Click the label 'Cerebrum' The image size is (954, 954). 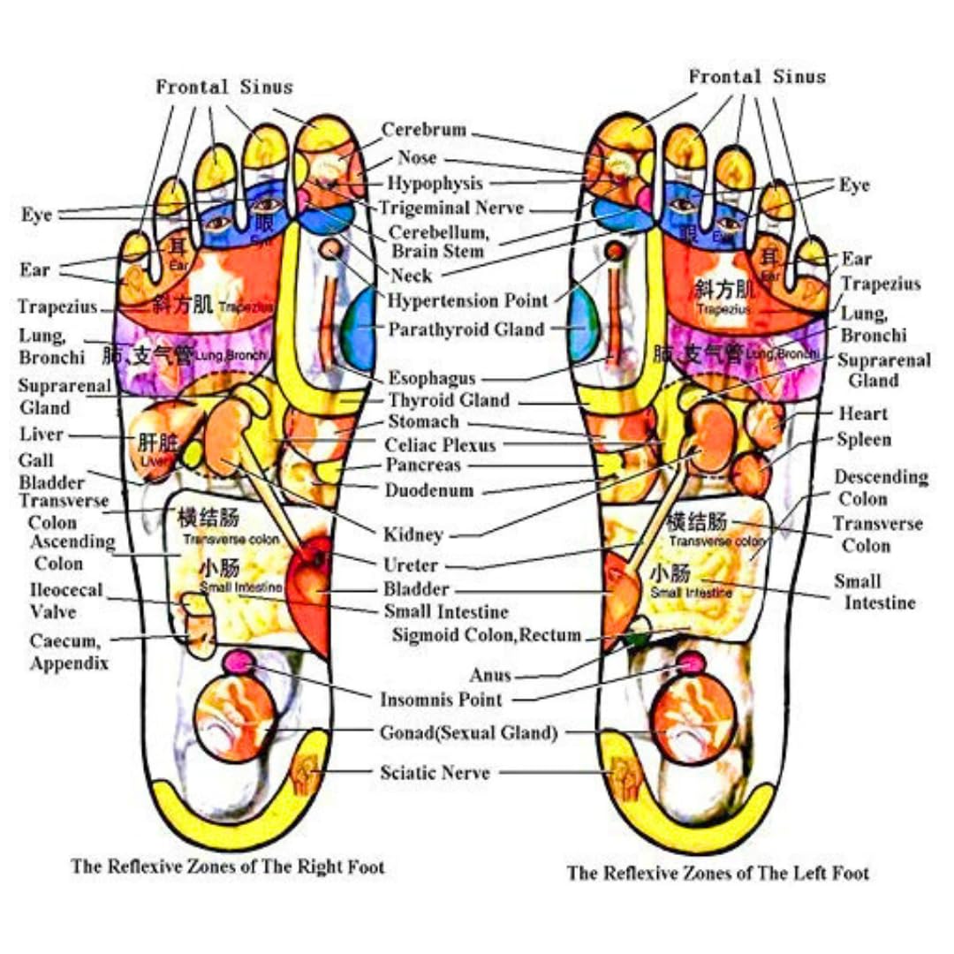[x=423, y=130]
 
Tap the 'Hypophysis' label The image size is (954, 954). [x=435, y=184]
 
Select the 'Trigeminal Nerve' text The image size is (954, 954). [x=451, y=208]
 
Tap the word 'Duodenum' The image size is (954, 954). [x=429, y=489]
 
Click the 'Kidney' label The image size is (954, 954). [x=413, y=534]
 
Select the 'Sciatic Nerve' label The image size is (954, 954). [x=435, y=772]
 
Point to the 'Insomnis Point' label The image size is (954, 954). [x=441, y=700]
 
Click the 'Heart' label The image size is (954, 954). [x=863, y=413]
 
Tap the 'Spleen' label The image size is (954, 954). [x=864, y=440]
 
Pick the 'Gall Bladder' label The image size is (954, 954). [x=51, y=471]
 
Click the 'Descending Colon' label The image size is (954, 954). [x=881, y=488]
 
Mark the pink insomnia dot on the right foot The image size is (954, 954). [x=238, y=659]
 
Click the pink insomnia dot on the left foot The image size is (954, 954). [x=691, y=662]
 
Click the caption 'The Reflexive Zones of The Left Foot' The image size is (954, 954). [x=717, y=874]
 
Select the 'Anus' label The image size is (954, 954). [x=490, y=676]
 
